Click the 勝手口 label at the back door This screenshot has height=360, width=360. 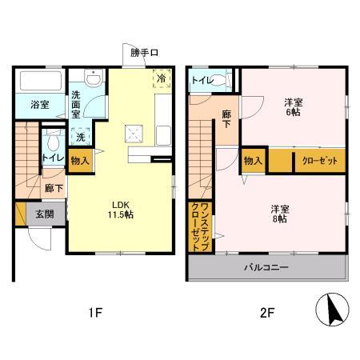144,53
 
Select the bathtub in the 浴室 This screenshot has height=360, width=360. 40,81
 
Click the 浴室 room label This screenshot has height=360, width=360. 40,105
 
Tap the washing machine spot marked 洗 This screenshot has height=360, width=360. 81,137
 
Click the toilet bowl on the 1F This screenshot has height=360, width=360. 54,143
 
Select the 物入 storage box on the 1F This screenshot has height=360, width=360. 80,160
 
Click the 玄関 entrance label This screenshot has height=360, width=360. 44,214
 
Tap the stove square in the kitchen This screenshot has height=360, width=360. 134,134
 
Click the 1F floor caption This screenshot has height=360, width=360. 94,313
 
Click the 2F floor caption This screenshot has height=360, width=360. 267,313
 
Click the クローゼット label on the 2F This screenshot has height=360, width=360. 319,161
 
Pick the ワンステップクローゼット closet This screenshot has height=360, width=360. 199,227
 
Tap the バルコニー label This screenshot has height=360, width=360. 266,267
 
